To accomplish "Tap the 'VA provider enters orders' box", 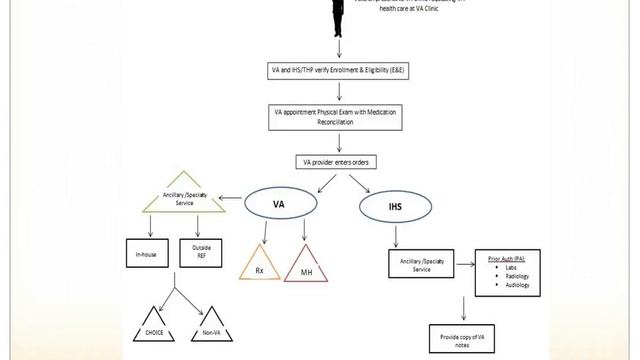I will (339, 162).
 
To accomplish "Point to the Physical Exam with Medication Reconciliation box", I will (339, 117).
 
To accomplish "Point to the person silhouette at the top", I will (341, 15).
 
